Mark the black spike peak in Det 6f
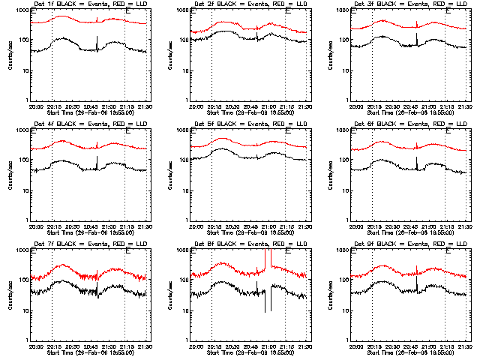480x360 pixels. click(417, 155)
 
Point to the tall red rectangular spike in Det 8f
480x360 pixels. click(268, 259)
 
